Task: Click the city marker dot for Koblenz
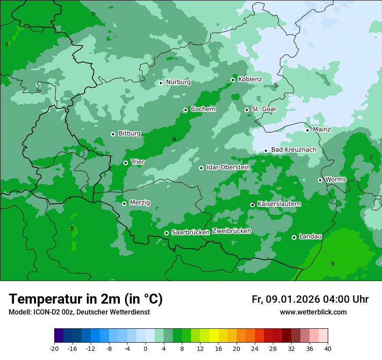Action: click(x=233, y=80)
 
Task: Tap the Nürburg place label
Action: click(x=178, y=82)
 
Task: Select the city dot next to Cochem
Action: click(x=185, y=110)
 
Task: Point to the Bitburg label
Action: click(x=129, y=134)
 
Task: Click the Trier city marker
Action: click(x=125, y=163)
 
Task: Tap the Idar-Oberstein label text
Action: click(x=228, y=167)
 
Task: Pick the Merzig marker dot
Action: click(x=124, y=203)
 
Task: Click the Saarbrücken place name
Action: click(x=191, y=232)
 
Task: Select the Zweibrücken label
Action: click(x=231, y=231)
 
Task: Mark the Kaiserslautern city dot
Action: click(x=253, y=204)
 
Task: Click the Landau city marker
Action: click(x=294, y=237)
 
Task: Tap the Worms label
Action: click(x=336, y=180)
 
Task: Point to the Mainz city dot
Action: click(x=307, y=130)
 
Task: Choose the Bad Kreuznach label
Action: click(x=293, y=150)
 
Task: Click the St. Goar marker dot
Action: click(x=247, y=110)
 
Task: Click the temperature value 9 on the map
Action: click(x=333, y=264)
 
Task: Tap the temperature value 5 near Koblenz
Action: click(x=276, y=85)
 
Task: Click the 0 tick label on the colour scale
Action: click(x=145, y=348)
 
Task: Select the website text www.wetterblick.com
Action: click(x=313, y=312)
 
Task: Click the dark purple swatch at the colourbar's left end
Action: click(x=59, y=336)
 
